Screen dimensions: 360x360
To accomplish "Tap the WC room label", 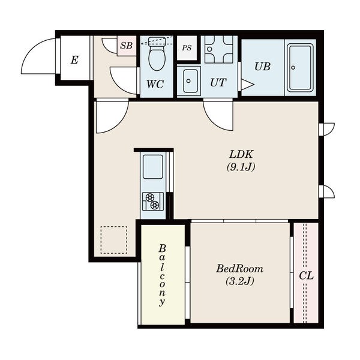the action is point(155,84).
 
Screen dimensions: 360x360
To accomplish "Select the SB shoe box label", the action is point(127,46).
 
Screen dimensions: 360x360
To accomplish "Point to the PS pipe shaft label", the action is point(187,48).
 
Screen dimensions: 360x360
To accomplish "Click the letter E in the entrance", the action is point(74,60).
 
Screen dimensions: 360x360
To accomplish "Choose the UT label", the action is point(218,83).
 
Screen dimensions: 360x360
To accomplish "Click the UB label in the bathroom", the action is point(262,67).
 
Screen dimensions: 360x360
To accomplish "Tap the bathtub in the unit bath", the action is point(301,67).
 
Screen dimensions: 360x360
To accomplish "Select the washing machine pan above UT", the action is point(218,49).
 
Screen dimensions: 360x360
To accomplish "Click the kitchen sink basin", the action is point(153,167).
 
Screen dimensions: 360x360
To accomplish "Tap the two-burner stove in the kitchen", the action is point(153,202).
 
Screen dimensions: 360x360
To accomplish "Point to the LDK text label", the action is point(241,154).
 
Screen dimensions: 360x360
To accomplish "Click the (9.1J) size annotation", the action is point(241,167).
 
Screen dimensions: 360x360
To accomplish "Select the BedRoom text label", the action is point(239,268).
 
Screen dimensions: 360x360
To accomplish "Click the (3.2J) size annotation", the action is point(239,281).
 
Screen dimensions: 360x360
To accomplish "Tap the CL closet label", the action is point(306,276).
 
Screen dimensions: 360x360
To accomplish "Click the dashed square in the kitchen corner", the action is point(114,239).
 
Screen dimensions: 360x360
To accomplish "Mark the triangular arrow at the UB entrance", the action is point(247,85).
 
